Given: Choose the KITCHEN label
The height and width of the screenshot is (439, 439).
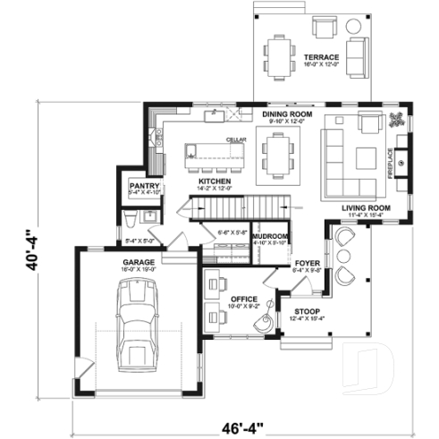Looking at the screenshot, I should coord(215,181).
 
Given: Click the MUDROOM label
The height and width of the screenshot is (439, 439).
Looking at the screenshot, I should coord(269,234).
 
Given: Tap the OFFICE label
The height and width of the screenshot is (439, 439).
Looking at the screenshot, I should coord(243,299).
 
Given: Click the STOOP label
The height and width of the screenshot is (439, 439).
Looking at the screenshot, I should coord(308,312).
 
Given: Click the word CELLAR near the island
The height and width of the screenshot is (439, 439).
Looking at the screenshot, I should coord(235,139).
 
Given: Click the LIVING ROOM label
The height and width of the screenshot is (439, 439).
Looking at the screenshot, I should coord(362,208).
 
